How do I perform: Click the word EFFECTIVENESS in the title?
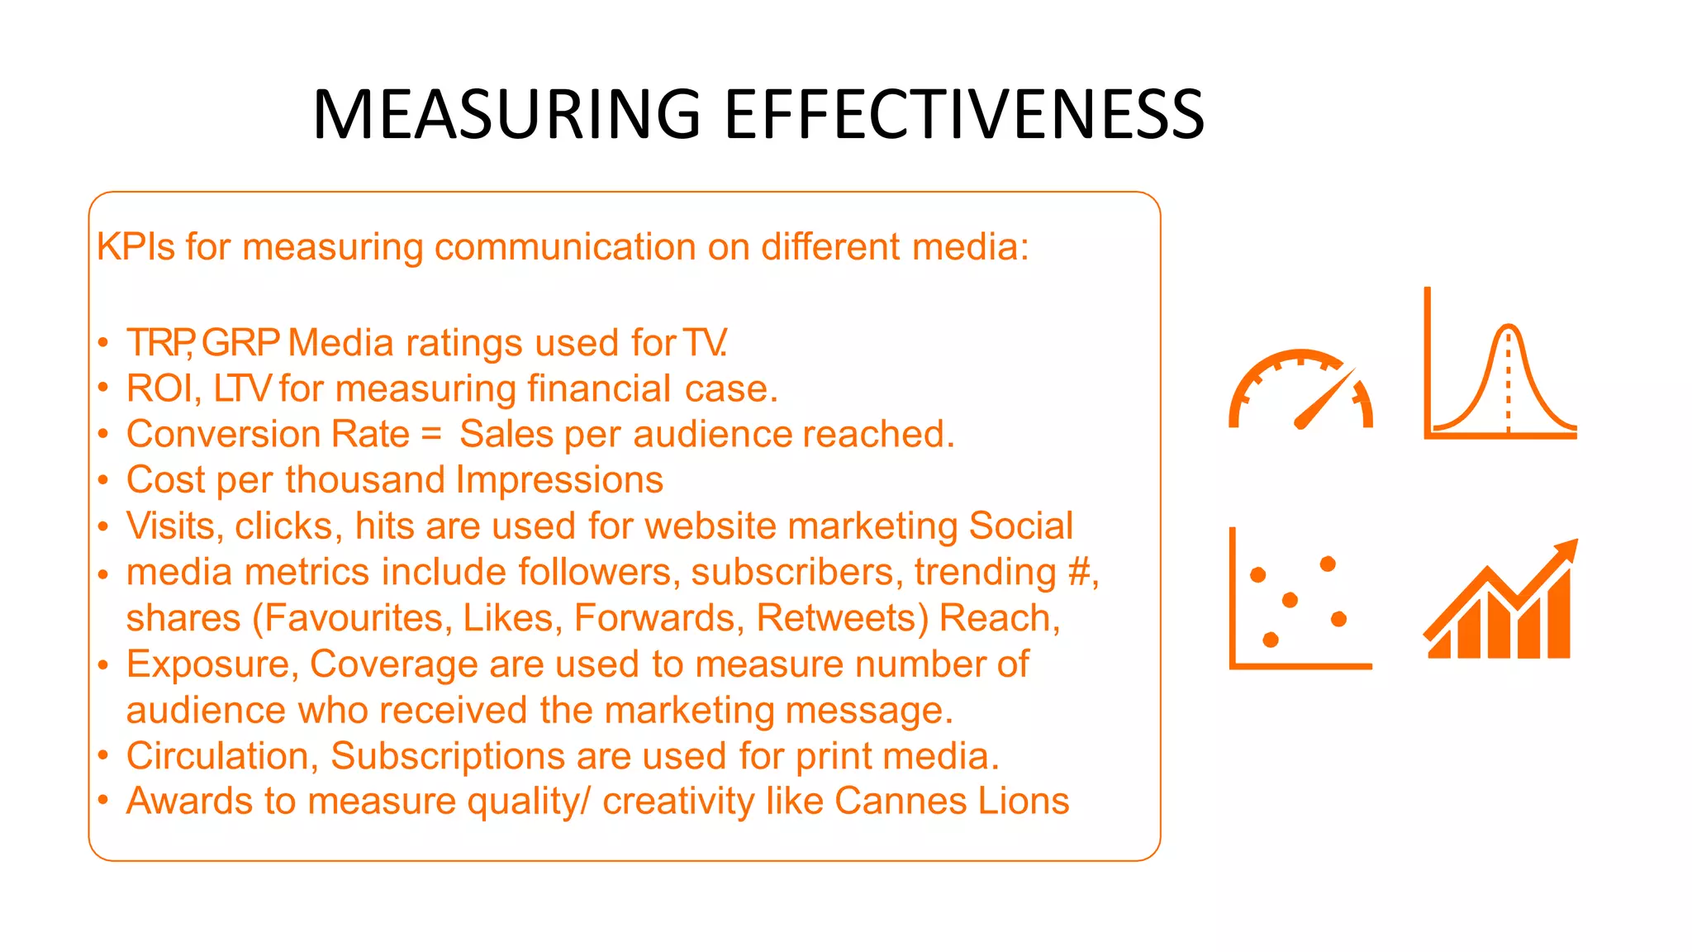pyautogui.click(x=964, y=114)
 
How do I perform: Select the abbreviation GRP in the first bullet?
pyautogui.click(x=240, y=343)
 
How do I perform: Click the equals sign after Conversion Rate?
pyautogui.click(x=431, y=435)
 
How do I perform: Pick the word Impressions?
pyautogui.click(x=559, y=480)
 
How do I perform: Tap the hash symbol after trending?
pyautogui.click(x=1077, y=572)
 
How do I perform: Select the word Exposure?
pyautogui.click(x=212, y=664)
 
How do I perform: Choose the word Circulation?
pyautogui.click(x=222, y=755)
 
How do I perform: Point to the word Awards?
pyautogui.click(x=189, y=801)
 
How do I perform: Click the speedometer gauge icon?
pyautogui.click(x=1300, y=389)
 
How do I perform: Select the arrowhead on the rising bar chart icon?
pyautogui.click(x=1566, y=551)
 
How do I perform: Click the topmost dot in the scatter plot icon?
pyautogui.click(x=1328, y=564)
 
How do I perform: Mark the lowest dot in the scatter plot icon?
pyautogui.click(x=1271, y=639)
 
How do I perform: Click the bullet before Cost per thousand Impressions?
pyautogui.click(x=102, y=480)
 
